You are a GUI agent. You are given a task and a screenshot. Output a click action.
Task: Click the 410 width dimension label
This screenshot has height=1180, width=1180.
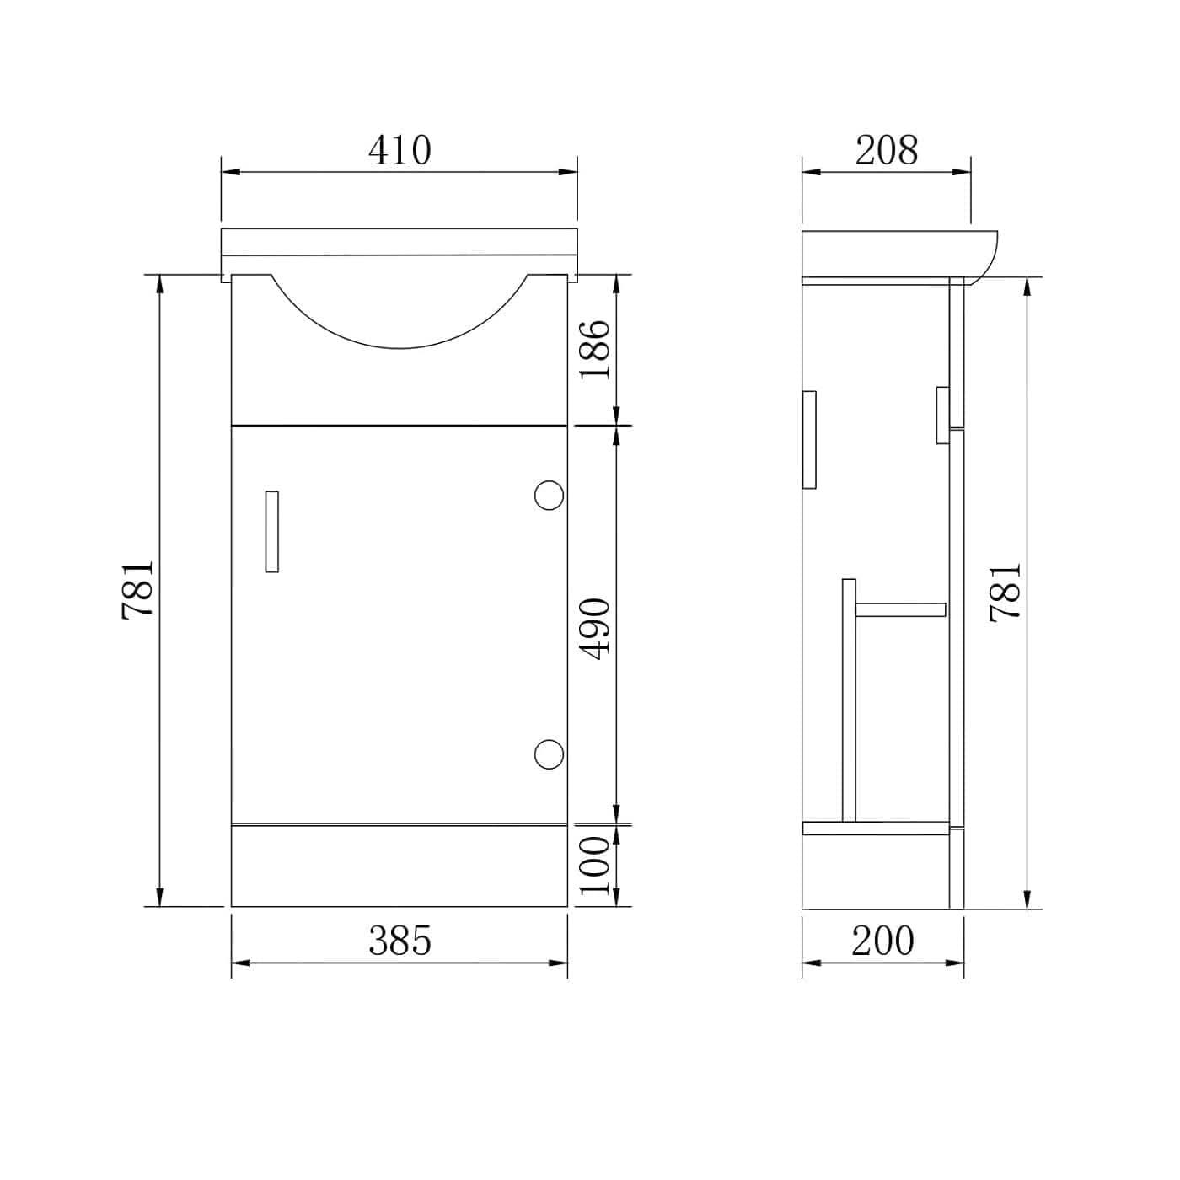click(400, 151)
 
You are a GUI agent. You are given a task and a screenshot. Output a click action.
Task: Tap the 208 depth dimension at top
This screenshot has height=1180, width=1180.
click(886, 151)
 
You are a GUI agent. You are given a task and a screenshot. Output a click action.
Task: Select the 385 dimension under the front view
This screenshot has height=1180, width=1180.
click(400, 941)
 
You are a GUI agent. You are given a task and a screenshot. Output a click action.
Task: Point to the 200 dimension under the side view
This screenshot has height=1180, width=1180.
click(882, 941)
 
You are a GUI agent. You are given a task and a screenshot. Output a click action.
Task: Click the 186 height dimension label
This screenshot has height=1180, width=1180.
click(595, 349)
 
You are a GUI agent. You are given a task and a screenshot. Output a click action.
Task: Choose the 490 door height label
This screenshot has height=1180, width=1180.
click(595, 628)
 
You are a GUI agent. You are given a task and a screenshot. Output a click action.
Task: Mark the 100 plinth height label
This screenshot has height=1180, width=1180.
click(595, 866)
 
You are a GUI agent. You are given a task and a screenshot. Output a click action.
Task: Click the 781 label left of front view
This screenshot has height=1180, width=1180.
click(138, 590)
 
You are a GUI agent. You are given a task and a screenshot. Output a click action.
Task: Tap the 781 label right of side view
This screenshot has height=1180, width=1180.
click(1006, 593)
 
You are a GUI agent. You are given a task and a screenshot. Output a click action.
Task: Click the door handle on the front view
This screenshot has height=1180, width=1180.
click(271, 532)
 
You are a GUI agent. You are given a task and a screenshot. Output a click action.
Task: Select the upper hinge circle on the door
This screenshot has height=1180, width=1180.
click(549, 495)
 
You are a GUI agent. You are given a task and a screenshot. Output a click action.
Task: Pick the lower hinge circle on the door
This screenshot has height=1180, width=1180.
click(549, 754)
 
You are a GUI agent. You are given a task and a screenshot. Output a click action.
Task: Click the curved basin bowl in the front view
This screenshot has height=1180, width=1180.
click(400, 320)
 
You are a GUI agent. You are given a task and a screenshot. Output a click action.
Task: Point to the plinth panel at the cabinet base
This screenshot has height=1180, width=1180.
click(400, 866)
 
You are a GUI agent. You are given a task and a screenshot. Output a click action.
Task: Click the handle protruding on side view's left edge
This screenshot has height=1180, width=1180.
click(810, 439)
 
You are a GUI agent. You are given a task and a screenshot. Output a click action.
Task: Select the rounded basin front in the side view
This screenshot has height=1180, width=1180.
click(986, 257)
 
